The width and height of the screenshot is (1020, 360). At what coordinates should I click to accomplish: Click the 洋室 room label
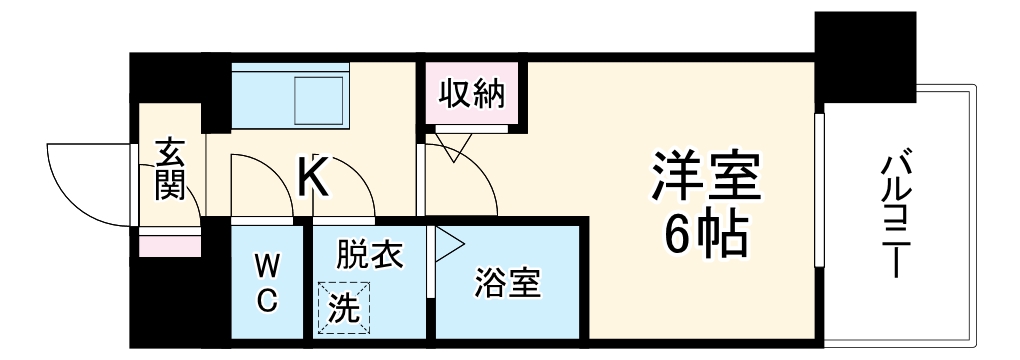[x=705, y=177]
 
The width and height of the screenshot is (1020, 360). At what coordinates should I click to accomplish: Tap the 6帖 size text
[x=705, y=235]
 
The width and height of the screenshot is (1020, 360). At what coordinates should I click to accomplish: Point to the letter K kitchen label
[x=312, y=178]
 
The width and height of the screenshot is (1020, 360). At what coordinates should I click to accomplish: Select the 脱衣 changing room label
[x=369, y=255]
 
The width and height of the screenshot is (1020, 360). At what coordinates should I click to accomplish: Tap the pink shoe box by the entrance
[x=156, y=243]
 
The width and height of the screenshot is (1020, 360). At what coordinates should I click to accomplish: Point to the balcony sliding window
[x=818, y=190]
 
